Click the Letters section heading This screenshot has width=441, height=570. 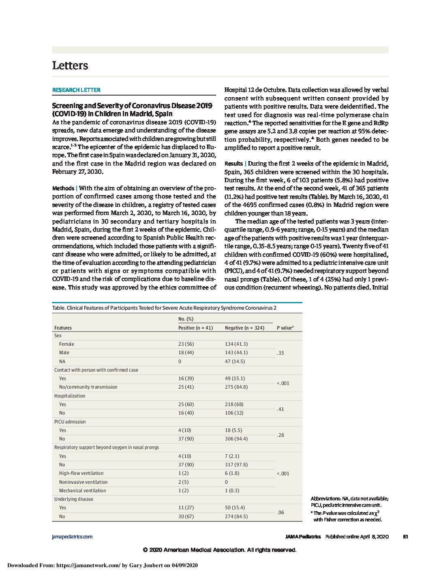pyautogui.click(x=70, y=66)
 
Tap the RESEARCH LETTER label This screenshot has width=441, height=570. pyautogui.click(x=76, y=90)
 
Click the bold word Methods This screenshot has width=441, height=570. pyautogui.click(x=63, y=188)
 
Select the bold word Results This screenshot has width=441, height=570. pyautogui.click(x=233, y=164)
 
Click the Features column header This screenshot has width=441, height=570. pyautogui.click(x=63, y=328)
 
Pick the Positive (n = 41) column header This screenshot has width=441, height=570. pyautogui.click(x=195, y=328)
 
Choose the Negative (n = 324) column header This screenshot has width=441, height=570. pyautogui.click(x=244, y=328)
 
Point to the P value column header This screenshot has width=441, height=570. pyautogui.click(x=285, y=328)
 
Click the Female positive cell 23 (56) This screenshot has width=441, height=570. pyautogui.click(x=186, y=344)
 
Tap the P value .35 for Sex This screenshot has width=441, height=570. pyautogui.click(x=280, y=353)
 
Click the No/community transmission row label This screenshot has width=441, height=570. pyautogui.click(x=88, y=387)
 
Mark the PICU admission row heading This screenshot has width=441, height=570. pyautogui.click(x=70, y=422)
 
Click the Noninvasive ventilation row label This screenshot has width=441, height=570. pyautogui.click(x=83, y=482)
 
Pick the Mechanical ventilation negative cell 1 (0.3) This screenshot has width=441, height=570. pyautogui.click(x=232, y=491)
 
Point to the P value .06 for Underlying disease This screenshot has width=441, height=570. pyautogui.click(x=280, y=513)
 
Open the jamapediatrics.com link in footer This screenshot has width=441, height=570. pyautogui.click(x=72, y=537)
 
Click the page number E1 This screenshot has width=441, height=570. pyautogui.click(x=405, y=537)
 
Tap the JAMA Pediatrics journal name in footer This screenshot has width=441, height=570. pyautogui.click(x=303, y=537)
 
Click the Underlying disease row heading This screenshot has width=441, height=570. pyautogui.click(x=74, y=499)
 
